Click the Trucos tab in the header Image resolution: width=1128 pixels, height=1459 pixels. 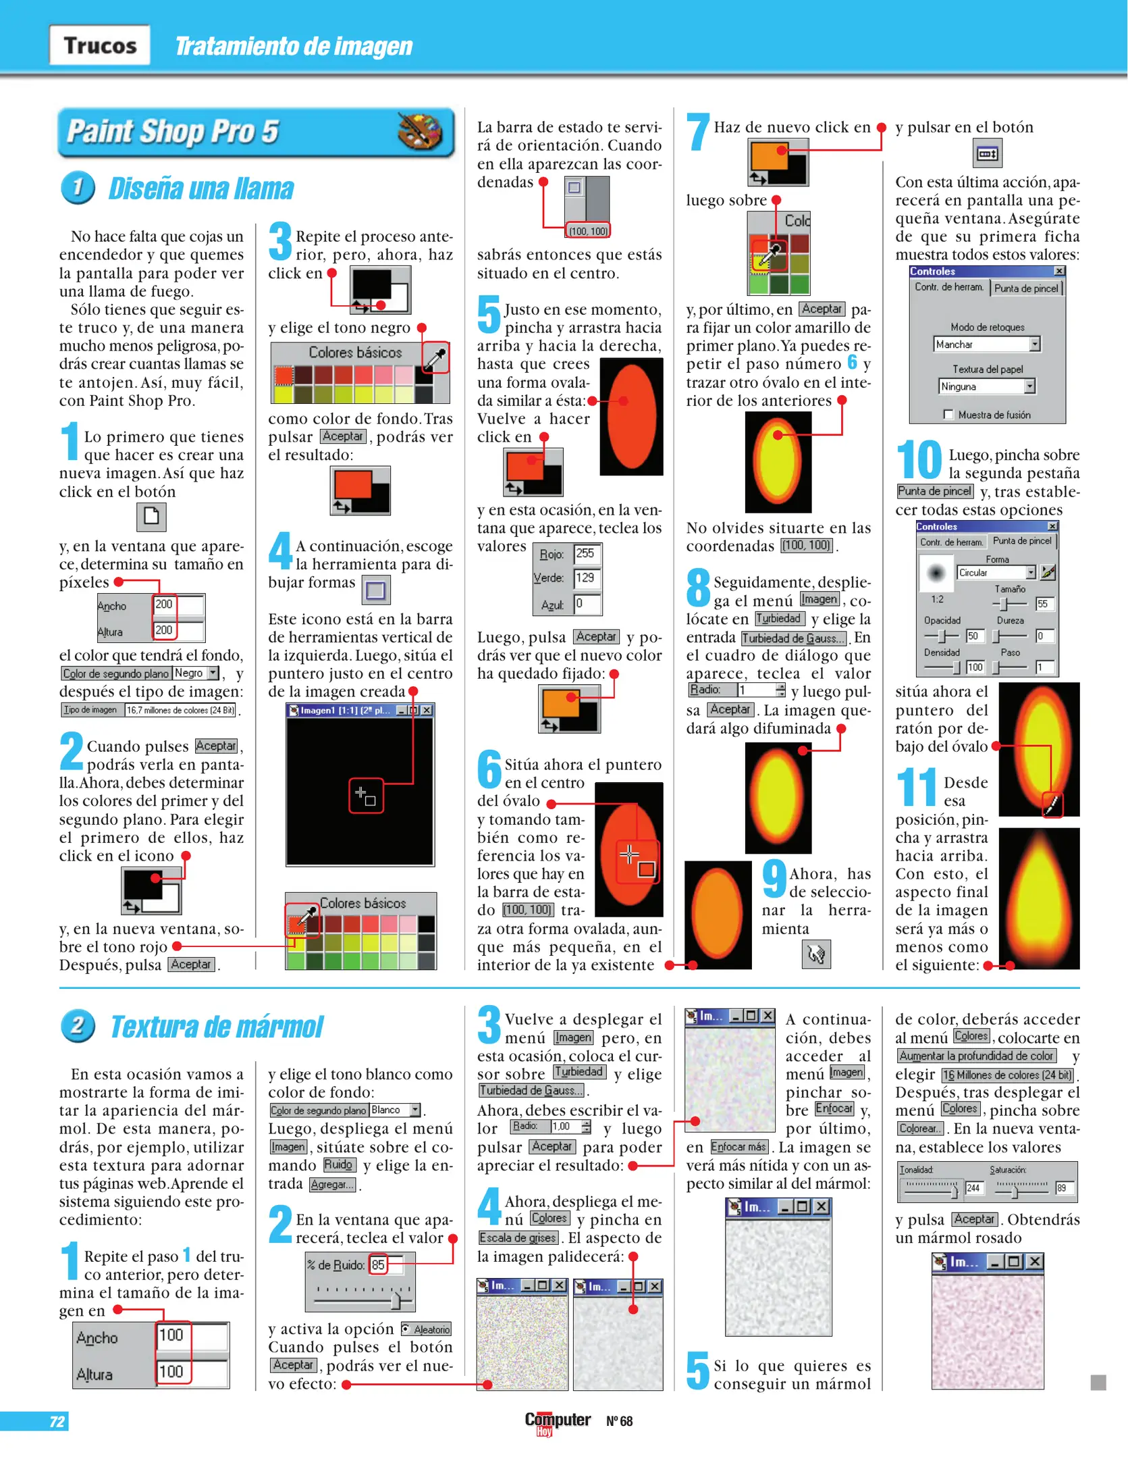pyautogui.click(x=100, y=45)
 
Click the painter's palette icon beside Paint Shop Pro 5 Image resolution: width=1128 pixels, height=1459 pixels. pyautogui.click(x=419, y=130)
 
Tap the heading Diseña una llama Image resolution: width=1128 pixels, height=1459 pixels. pyautogui.click(x=200, y=188)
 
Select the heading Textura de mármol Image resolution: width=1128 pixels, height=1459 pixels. pyautogui.click(x=217, y=1027)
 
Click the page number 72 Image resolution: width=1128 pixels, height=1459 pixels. pyautogui.click(x=57, y=1421)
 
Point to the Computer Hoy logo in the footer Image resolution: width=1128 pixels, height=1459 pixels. pyautogui.click(x=558, y=1423)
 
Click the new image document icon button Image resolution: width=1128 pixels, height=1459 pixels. pyautogui.click(x=151, y=517)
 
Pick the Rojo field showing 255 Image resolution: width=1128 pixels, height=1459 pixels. pyautogui.click(x=587, y=554)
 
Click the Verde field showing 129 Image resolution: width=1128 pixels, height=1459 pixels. pyautogui.click(x=587, y=578)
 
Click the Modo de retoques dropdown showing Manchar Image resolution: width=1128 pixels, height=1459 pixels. pyautogui.click(x=987, y=344)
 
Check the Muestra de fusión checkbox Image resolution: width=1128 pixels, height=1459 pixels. pyautogui.click(x=948, y=415)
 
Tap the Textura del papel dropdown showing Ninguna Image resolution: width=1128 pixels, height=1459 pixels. pyautogui.click(x=987, y=386)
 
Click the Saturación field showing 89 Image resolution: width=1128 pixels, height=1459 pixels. pyautogui.click(x=1065, y=1188)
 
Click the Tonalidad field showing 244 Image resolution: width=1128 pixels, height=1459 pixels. pyautogui.click(x=974, y=1188)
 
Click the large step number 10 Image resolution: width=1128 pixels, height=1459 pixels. pyautogui.click(x=919, y=459)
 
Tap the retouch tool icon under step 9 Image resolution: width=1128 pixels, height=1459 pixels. pyautogui.click(x=816, y=954)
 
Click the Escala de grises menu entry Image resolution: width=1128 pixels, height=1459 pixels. pyautogui.click(x=518, y=1238)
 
